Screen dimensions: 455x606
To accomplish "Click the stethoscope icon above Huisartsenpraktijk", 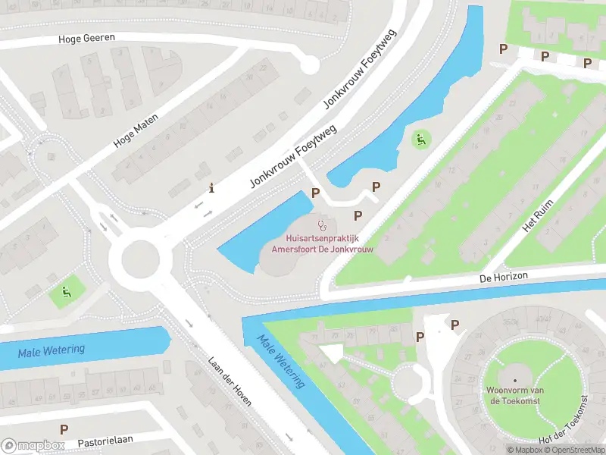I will pyautogui.click(x=323, y=224).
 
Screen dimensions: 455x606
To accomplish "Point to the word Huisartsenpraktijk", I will pyautogui.click(x=322, y=237).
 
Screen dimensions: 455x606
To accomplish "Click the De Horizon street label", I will pyautogui.click(x=503, y=278).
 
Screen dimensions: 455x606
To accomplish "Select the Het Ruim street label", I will pyautogui.click(x=539, y=216).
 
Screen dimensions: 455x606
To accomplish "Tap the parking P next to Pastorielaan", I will pyautogui.click(x=64, y=429).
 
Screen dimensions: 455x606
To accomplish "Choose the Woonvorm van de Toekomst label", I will pyautogui.click(x=515, y=395).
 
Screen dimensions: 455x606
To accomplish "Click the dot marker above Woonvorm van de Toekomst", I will pyautogui.click(x=515, y=380).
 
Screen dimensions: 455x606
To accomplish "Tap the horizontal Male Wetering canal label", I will pyautogui.click(x=52, y=350).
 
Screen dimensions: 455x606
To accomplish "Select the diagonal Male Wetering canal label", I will pyautogui.click(x=280, y=362).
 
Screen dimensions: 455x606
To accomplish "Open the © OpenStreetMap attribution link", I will pyautogui.click(x=573, y=450).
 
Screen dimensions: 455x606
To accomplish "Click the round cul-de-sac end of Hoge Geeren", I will pyautogui.click(x=309, y=65).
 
